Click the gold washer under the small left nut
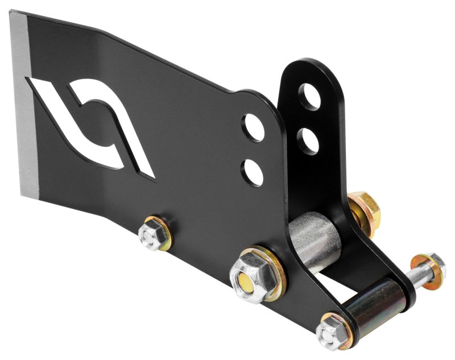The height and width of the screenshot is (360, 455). [x=164, y=238]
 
